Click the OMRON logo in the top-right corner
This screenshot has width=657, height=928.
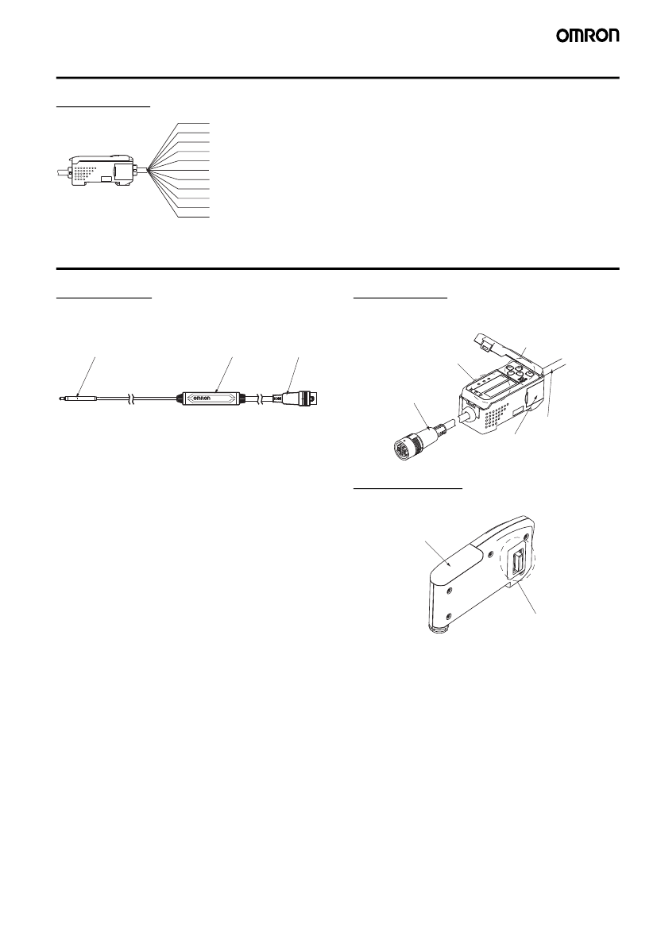click(x=587, y=36)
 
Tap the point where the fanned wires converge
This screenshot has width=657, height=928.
click(x=147, y=171)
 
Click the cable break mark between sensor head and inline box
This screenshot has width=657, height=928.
click(x=133, y=399)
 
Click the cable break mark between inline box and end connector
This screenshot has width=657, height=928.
click(x=258, y=399)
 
